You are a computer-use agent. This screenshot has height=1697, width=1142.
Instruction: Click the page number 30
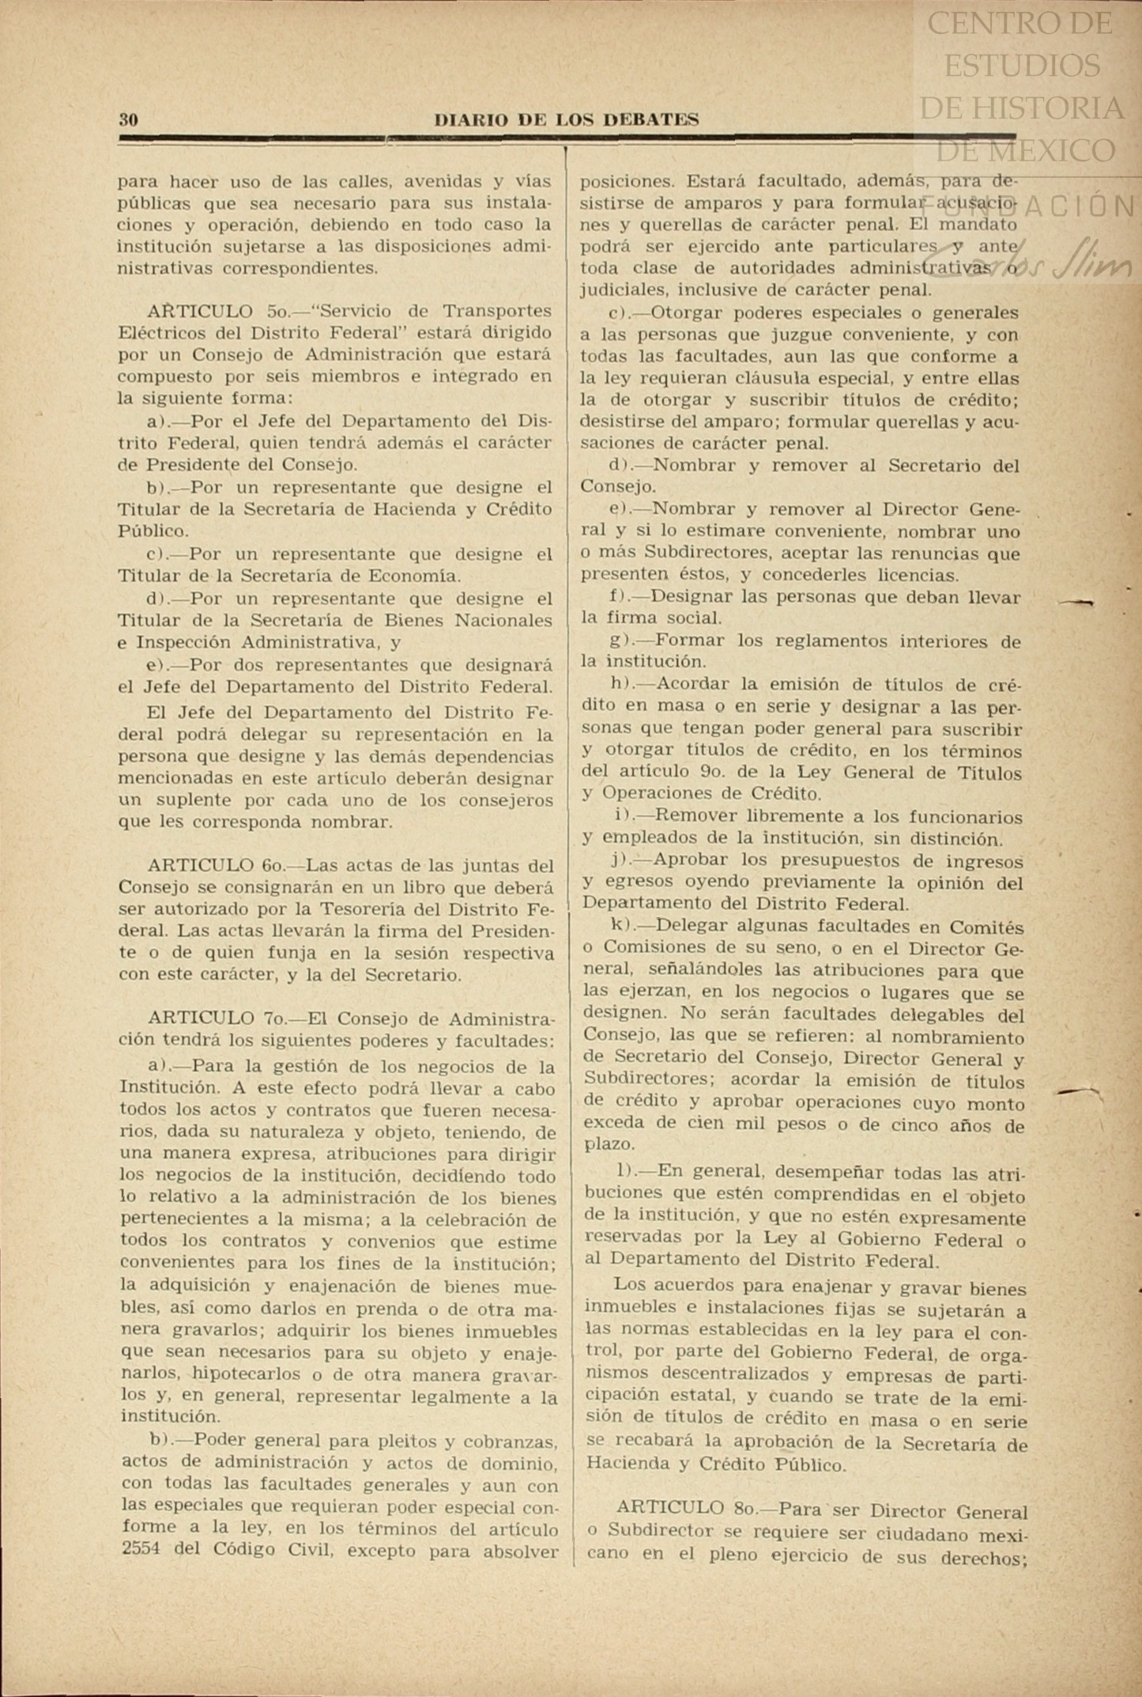coord(128,120)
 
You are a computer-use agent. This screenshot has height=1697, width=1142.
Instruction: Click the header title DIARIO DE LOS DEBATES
coord(567,120)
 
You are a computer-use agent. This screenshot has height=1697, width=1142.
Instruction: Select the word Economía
coord(409,576)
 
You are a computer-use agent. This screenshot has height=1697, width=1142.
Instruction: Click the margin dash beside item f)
coord(1076,603)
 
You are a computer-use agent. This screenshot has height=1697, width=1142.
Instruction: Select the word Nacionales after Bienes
coord(503,621)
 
